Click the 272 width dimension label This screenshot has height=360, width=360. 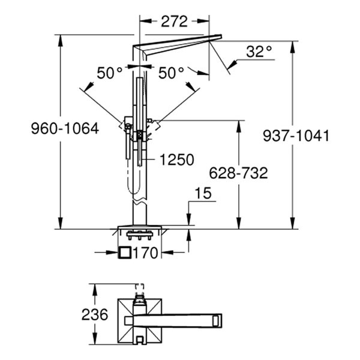(x=175, y=21)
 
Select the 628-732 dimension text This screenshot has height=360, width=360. (x=238, y=173)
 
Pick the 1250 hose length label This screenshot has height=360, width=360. (x=177, y=160)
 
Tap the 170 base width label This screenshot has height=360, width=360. (x=146, y=253)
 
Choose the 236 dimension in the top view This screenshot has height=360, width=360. (x=95, y=314)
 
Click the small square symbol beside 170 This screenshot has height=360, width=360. (x=125, y=253)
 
